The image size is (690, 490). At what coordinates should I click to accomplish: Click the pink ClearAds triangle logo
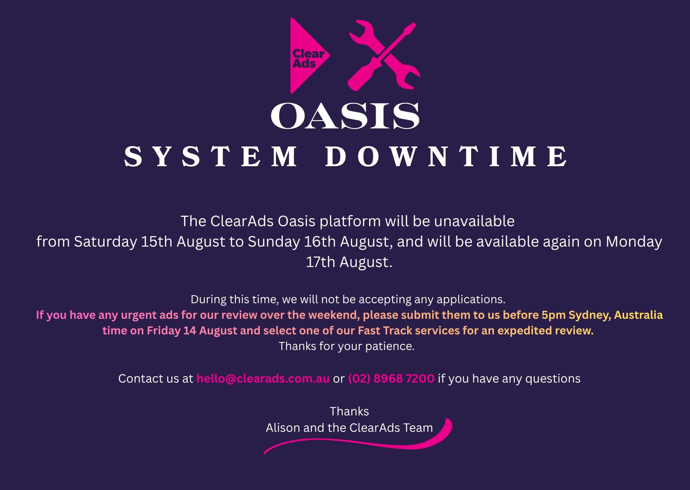(305, 56)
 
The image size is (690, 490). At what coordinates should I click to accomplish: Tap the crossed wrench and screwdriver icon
(384, 56)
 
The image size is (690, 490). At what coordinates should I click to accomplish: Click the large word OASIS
(345, 116)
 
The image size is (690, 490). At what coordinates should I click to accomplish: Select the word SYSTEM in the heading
(211, 156)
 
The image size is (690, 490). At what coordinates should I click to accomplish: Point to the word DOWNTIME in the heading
(446, 156)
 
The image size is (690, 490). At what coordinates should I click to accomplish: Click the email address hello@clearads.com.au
(263, 378)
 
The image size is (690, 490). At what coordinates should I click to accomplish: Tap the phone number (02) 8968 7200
(391, 378)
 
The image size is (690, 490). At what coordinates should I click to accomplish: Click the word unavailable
(474, 221)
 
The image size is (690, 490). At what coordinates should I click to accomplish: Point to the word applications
(471, 300)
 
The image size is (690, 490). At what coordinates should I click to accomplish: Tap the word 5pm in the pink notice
(554, 315)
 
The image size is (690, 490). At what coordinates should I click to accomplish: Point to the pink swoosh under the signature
(359, 442)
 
